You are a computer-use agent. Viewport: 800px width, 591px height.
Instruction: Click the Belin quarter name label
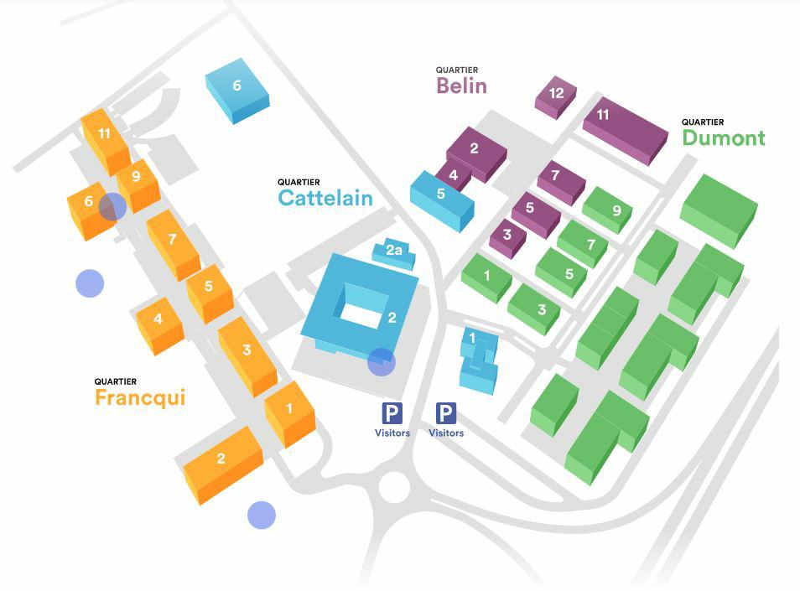pos(461,85)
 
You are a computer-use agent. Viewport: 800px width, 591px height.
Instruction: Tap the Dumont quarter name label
pos(723,137)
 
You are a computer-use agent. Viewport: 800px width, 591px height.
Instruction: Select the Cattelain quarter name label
pos(325,197)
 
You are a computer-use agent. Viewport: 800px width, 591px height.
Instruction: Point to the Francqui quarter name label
pos(139,397)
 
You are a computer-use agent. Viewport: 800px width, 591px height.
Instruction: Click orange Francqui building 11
pos(105,138)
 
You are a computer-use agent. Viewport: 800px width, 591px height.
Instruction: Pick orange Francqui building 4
pos(158,322)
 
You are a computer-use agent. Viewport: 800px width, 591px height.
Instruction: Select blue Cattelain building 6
pos(237,89)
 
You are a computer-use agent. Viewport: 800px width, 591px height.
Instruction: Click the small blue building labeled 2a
pos(394,251)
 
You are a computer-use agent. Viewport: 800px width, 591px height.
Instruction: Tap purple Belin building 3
pos(507,237)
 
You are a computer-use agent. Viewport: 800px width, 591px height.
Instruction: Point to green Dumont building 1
pos(486,277)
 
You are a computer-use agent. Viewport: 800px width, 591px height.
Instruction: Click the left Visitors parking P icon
pos(392,412)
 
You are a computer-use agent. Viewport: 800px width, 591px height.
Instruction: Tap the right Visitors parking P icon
pos(445,412)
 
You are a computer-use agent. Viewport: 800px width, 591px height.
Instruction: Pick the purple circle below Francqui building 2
pos(262,515)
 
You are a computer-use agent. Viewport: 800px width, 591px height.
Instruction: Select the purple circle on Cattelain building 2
pos(382,362)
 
